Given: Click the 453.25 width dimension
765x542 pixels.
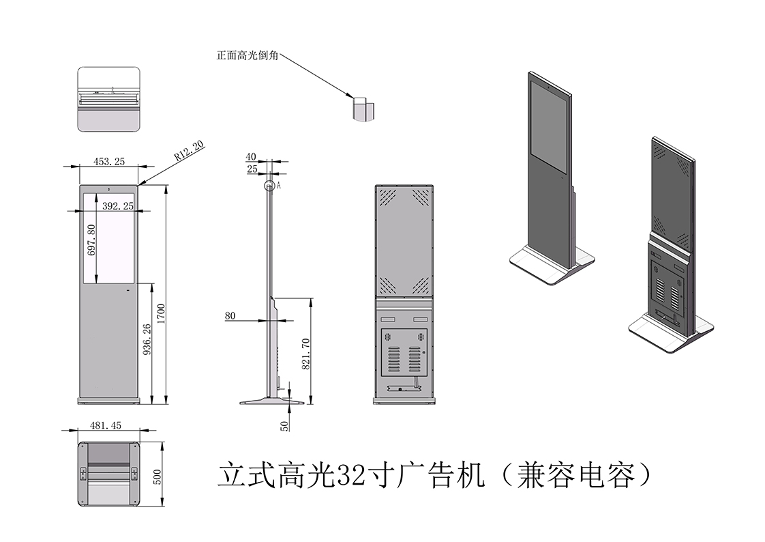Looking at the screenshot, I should [109, 162].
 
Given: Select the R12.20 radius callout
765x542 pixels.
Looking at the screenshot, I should [189, 150].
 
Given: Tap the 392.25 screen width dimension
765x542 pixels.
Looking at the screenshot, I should [118, 205].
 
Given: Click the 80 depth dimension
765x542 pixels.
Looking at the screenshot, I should [230, 316].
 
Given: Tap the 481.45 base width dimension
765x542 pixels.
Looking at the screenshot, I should [106, 425].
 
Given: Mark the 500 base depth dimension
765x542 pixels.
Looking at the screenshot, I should [157, 476].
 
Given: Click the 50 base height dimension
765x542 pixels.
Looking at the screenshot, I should [284, 424].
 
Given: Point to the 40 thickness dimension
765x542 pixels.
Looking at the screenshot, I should [252, 158].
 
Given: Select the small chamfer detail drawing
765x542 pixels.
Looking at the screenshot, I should [363, 108].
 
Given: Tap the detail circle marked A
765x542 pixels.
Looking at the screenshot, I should [270, 185].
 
